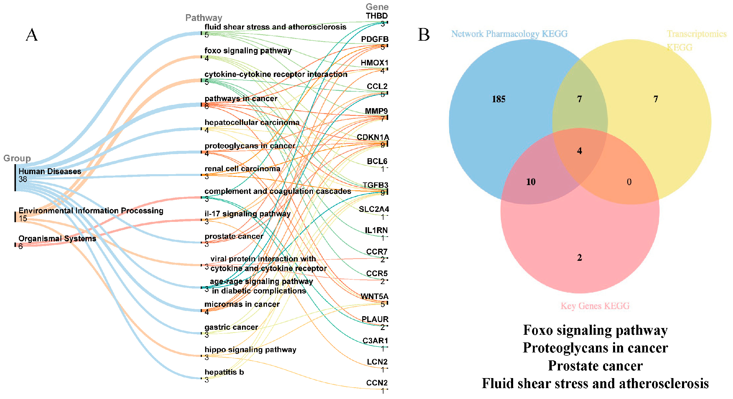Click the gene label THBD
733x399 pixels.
(x=377, y=16)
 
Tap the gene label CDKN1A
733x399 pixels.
(x=373, y=137)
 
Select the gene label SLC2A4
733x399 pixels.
(x=374, y=209)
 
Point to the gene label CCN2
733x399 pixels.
(x=377, y=383)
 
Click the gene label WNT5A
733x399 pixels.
(x=374, y=296)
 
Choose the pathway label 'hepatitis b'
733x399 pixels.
(x=224, y=372)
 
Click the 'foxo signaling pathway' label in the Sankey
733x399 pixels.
(x=248, y=51)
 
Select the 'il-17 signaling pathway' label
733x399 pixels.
(x=247, y=214)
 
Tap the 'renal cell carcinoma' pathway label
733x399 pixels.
(x=242, y=169)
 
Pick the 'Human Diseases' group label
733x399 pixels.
(x=50, y=172)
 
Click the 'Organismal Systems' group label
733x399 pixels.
(x=57, y=238)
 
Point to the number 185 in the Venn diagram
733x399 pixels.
(x=498, y=99)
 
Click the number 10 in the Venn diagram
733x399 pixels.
(x=531, y=182)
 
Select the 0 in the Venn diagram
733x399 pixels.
(x=629, y=182)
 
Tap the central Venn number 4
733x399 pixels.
(x=579, y=151)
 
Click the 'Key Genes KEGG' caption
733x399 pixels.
(x=595, y=306)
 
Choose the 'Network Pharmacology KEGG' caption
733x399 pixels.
(x=509, y=34)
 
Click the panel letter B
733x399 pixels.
(x=424, y=35)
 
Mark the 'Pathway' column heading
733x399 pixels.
(x=203, y=18)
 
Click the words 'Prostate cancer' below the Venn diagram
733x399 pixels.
(x=595, y=366)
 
